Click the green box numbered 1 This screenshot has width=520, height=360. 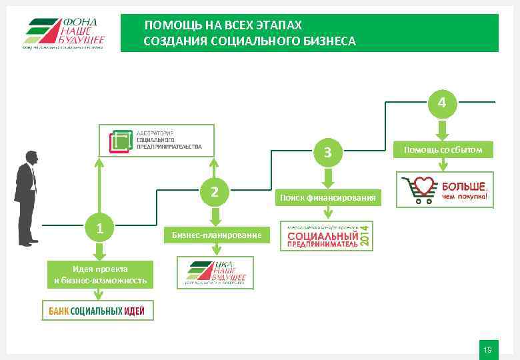click(x=99, y=229)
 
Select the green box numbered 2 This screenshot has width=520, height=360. click(x=214, y=192)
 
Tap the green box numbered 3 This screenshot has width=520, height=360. click(x=327, y=153)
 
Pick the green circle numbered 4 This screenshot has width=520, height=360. click(x=441, y=103)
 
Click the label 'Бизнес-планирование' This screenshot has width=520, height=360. click(x=211, y=235)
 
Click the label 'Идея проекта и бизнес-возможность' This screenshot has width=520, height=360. click(x=99, y=274)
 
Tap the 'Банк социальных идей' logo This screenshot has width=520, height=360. click(x=98, y=310)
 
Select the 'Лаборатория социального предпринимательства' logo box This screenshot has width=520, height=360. click(x=157, y=141)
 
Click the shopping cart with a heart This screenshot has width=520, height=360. click(x=417, y=190)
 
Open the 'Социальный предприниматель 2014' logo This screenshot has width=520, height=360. click(x=327, y=236)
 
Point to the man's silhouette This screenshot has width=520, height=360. click(x=26, y=197)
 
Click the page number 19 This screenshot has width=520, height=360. click(x=487, y=349)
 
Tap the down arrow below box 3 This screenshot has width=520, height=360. click(x=327, y=177)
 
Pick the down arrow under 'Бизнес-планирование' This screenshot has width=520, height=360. click(x=215, y=250)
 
